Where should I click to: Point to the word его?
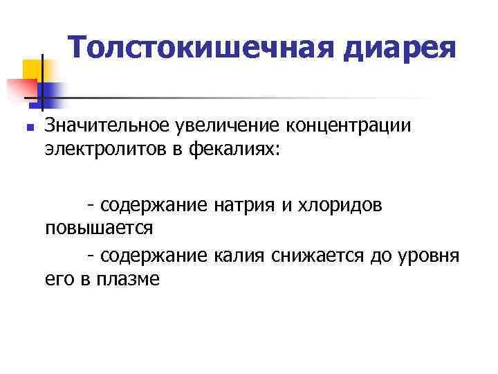(58, 280)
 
